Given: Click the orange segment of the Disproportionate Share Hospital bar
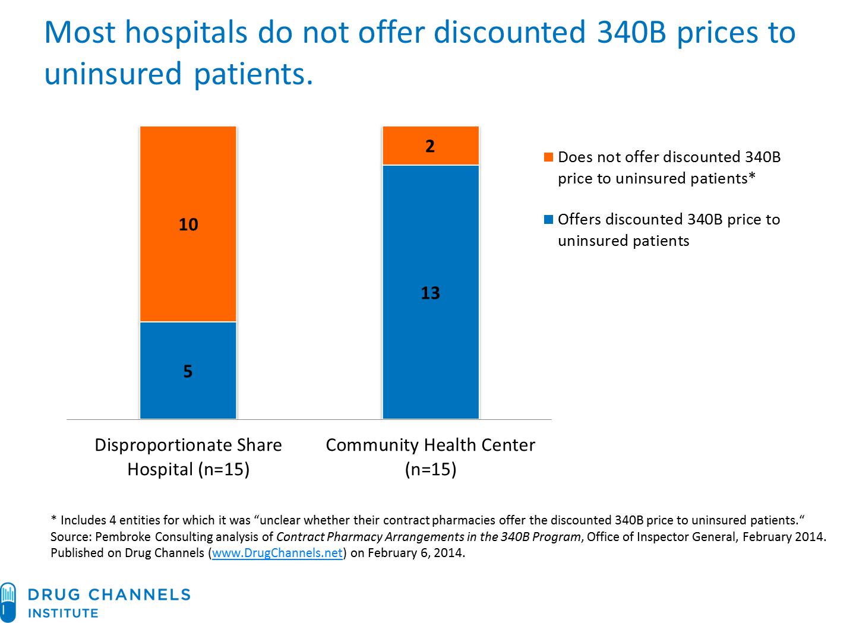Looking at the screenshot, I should pyautogui.click(x=188, y=178).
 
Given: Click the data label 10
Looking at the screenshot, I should pyautogui.click(x=188, y=224).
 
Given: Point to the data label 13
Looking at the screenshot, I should pyautogui.click(x=430, y=293).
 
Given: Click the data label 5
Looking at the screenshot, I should pyautogui.click(x=188, y=371).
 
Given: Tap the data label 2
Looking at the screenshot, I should pyautogui.click(x=430, y=146).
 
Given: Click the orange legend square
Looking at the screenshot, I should pyautogui.click(x=548, y=157).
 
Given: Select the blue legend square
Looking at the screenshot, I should pyautogui.click(x=548, y=219).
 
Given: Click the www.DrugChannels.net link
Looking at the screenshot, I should pyautogui.click(x=277, y=553).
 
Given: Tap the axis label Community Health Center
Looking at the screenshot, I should pyautogui.click(x=430, y=445).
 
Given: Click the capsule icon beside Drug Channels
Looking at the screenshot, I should pyautogui.click(x=8, y=602).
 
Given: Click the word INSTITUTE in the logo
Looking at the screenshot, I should pyautogui.click(x=63, y=613).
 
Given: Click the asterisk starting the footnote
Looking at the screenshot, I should pyautogui.click(x=53, y=519).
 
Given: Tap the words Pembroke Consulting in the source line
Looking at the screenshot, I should pyautogui.click(x=153, y=537).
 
